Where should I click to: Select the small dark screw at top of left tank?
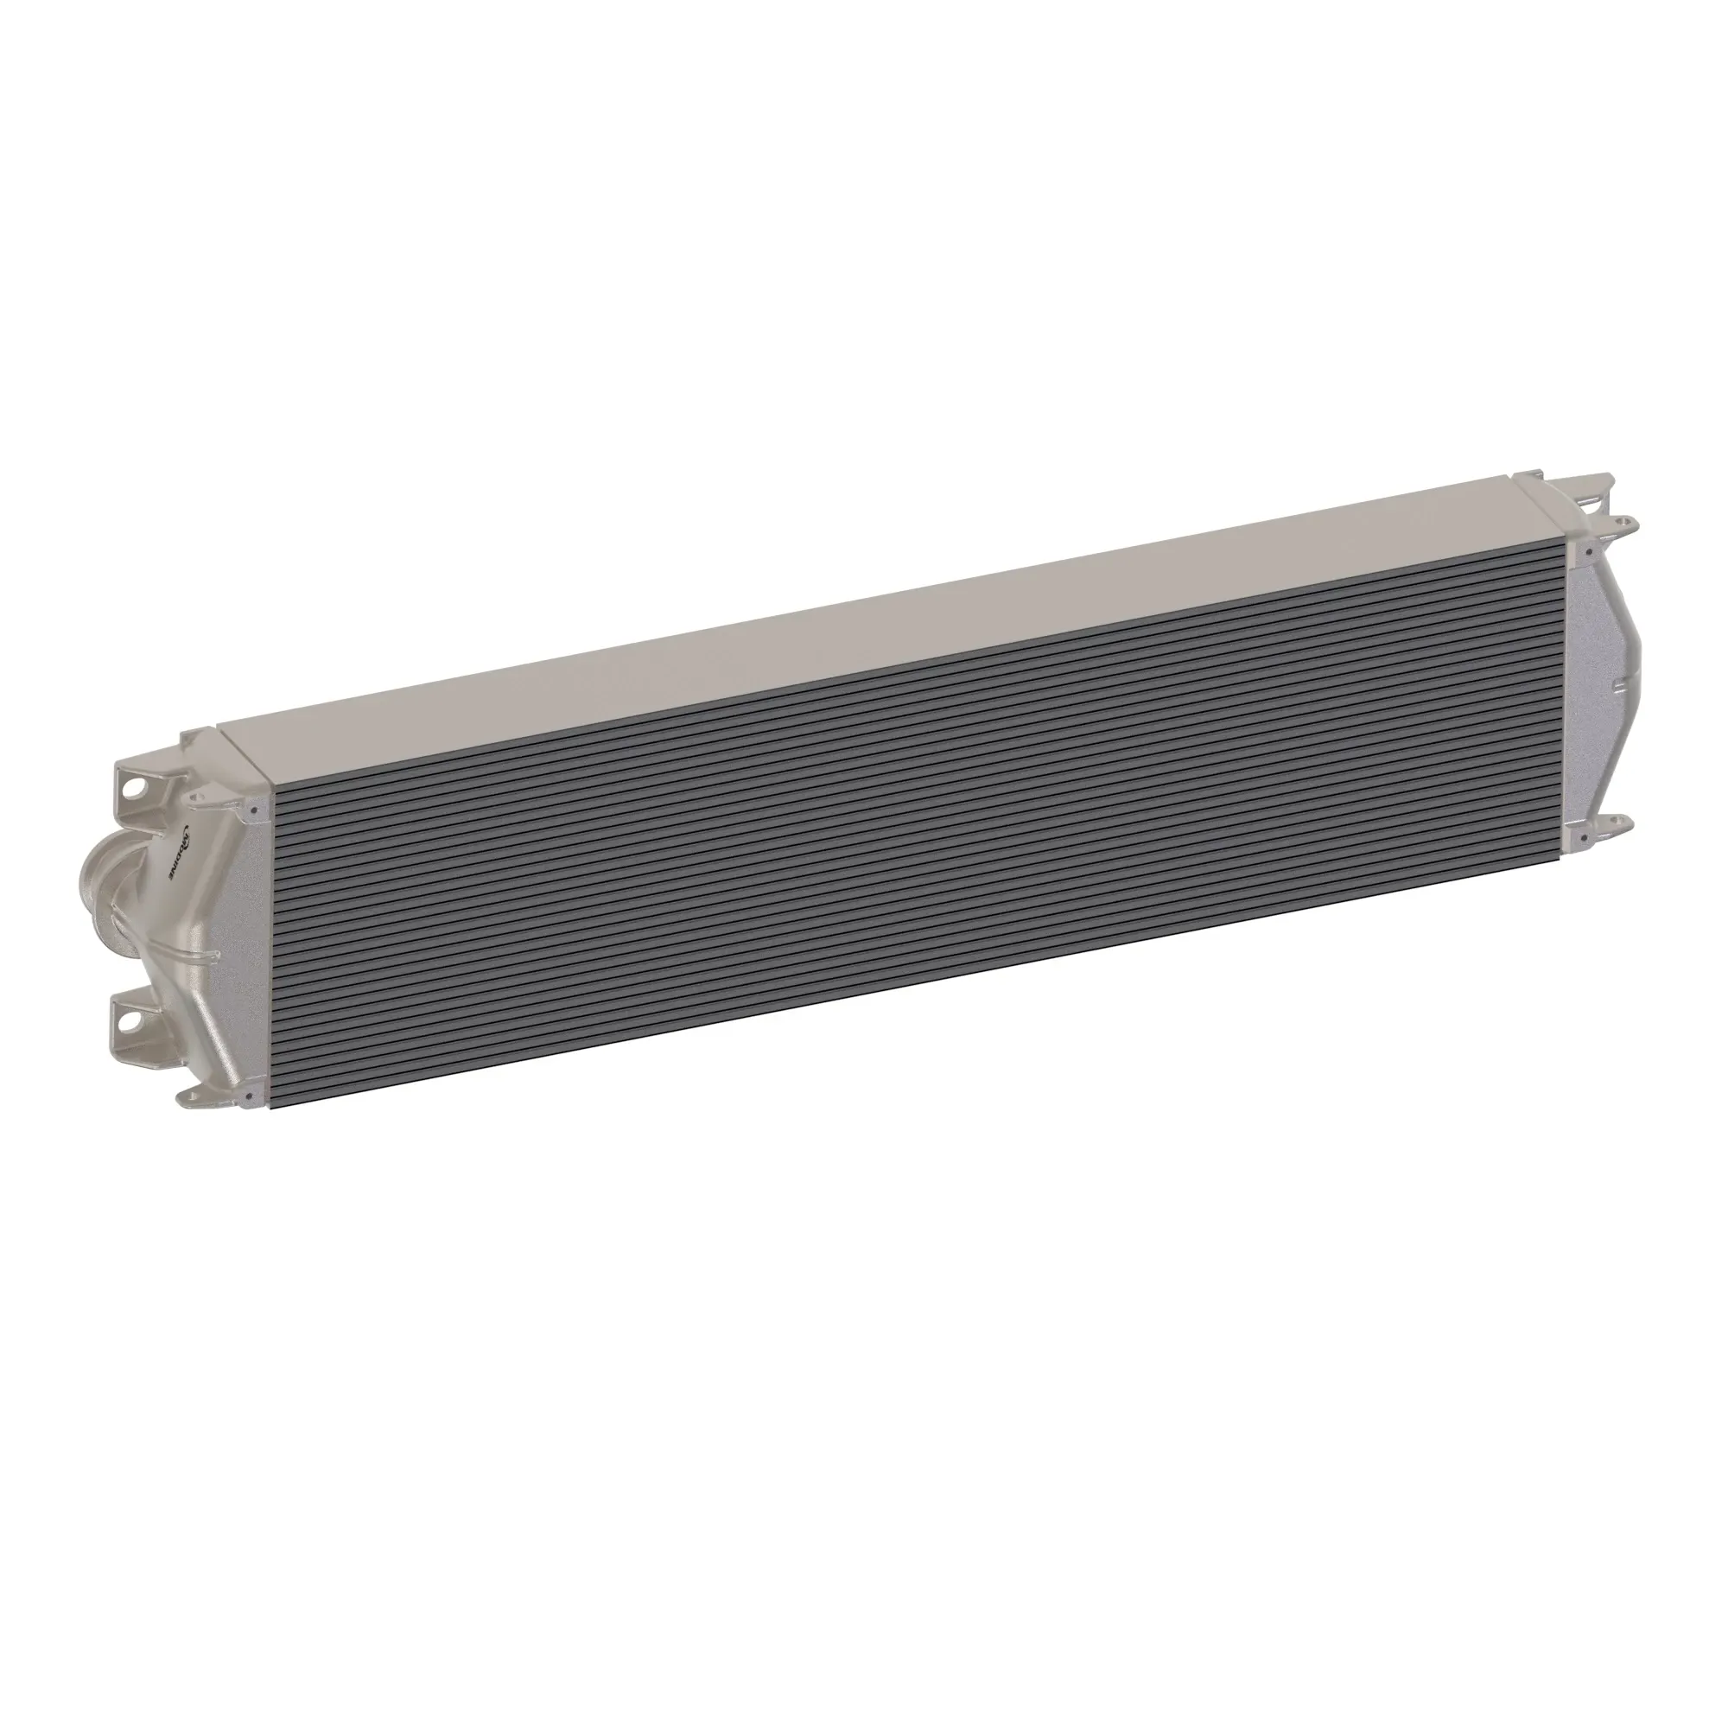point(255,810)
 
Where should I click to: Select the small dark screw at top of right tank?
point(1590,552)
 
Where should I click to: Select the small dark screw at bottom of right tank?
point(1584,838)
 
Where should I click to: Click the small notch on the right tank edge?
point(1620,687)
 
